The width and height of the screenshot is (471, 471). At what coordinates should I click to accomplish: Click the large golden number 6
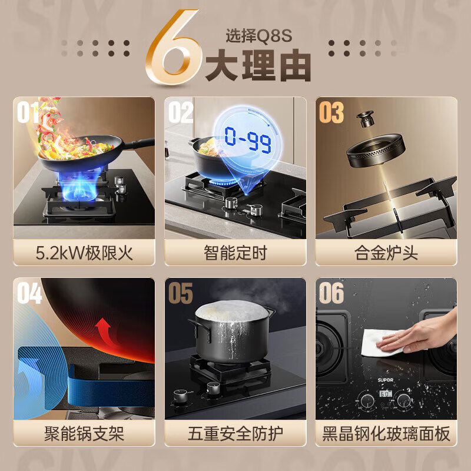[x=172, y=47]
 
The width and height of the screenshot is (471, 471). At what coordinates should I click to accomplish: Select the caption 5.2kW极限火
[x=84, y=253]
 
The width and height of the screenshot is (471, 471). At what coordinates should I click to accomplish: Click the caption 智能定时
[x=235, y=253]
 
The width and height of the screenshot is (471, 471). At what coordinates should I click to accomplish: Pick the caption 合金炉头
[x=386, y=253]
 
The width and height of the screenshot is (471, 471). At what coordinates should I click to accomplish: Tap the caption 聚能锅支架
[x=84, y=434]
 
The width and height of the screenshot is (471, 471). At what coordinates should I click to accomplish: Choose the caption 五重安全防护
[x=235, y=434]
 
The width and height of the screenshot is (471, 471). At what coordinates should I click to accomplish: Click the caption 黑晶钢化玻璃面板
[x=386, y=434]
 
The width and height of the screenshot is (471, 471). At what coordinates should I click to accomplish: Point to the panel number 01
[x=28, y=112]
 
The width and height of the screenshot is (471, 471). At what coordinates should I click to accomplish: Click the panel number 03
[x=331, y=112]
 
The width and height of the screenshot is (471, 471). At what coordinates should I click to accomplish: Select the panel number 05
[x=180, y=293]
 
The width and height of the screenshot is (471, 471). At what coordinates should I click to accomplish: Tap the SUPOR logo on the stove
[x=386, y=380]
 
